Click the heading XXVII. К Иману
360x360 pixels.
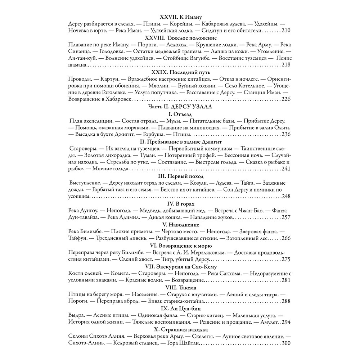(x=180, y=17)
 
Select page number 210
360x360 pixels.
(x=285, y=31)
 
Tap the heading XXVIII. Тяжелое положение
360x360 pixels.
(x=180, y=37)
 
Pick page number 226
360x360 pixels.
(x=285, y=99)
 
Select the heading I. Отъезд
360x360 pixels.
(x=180, y=113)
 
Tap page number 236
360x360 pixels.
(x=285, y=134)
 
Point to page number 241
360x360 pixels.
(x=285, y=168)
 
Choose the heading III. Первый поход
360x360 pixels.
(x=180, y=176)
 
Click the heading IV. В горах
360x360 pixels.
(x=180, y=203)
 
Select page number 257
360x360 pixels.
(x=285, y=217)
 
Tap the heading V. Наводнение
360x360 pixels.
(x=180, y=224)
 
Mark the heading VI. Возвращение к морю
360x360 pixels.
(x=180, y=245)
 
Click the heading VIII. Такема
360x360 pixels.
(x=180, y=287)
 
